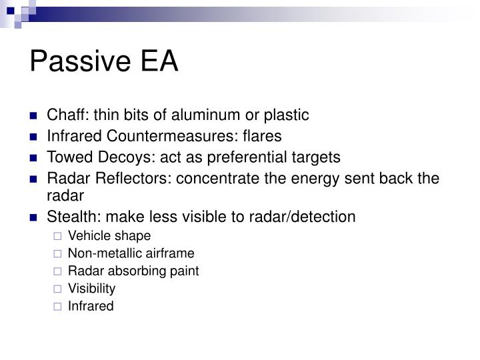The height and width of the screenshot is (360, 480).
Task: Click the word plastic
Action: pyautogui.click(x=285, y=115)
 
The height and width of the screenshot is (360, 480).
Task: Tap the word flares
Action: pyautogui.click(x=262, y=136)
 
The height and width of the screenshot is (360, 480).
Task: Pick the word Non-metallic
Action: pyautogui.click(x=100, y=253)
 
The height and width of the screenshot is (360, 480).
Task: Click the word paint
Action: pyautogui.click(x=185, y=271)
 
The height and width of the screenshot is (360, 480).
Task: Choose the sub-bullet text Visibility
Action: pyautogui.click(x=92, y=289)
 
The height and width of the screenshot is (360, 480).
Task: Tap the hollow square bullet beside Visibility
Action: pyautogui.click(x=57, y=289)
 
